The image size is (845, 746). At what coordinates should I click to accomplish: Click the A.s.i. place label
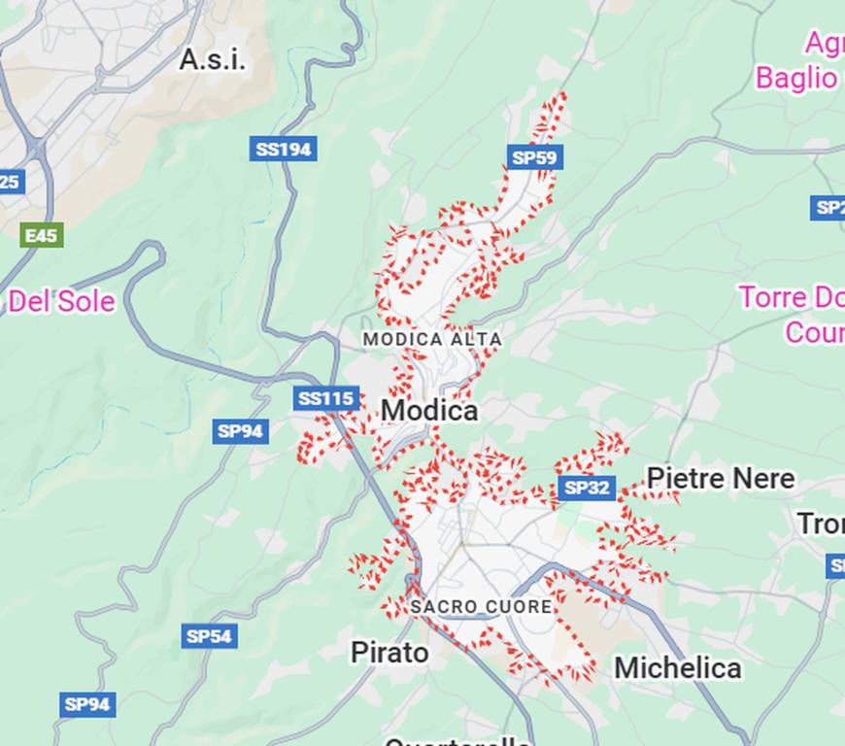tap(212, 60)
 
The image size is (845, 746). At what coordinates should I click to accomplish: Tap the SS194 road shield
tap(283, 149)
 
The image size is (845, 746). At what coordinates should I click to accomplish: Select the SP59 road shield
tap(535, 156)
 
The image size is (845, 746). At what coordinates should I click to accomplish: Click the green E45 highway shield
tap(42, 235)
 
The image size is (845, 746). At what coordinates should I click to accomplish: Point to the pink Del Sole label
tap(61, 302)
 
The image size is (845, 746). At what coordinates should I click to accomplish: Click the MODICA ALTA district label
tap(432, 340)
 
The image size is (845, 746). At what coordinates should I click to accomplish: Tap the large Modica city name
tap(429, 411)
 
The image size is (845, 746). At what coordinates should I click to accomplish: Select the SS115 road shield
tap(326, 398)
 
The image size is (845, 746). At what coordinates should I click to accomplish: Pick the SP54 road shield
tap(209, 636)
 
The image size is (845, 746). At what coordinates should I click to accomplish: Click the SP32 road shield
tap(587, 488)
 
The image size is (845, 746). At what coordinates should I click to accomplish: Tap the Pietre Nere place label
tap(720, 478)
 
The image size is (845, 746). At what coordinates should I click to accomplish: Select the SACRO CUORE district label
tap(481, 606)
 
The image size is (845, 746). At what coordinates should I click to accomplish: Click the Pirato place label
tap(389, 653)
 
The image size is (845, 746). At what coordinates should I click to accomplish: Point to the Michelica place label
tap(677, 668)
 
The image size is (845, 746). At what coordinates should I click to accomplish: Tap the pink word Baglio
tap(796, 78)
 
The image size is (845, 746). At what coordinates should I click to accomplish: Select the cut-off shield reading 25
tap(11, 182)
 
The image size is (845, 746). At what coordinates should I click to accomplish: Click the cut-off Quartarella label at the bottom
tap(456, 741)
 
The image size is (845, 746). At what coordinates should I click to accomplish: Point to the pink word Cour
tap(814, 332)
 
